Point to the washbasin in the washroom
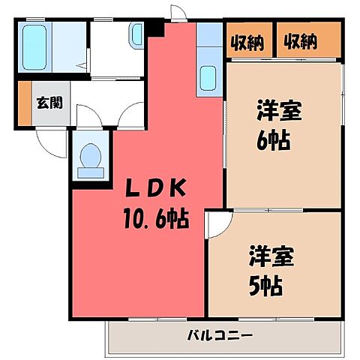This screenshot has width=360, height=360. point(135,34)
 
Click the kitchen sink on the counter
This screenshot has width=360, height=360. point(208,79)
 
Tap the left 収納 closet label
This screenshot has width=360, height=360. point(247,42)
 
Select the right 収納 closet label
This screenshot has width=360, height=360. point(300,42)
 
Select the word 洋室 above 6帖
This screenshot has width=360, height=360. point(280,112)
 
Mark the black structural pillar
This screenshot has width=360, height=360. point(155,27)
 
